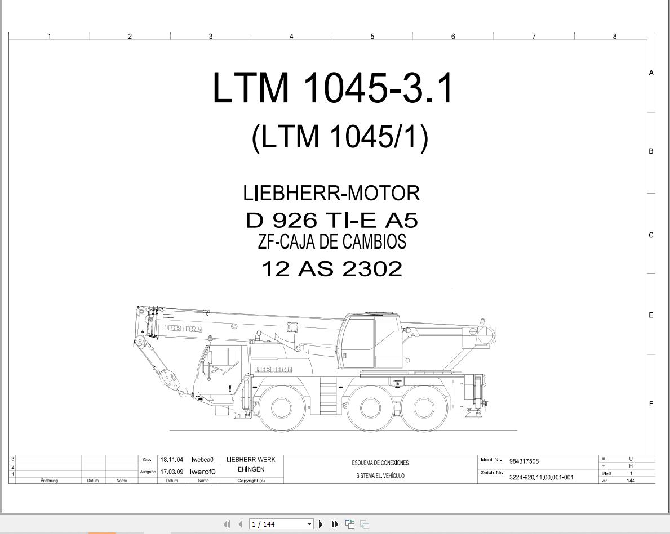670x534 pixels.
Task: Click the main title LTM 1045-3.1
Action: pyautogui.click(x=332, y=88)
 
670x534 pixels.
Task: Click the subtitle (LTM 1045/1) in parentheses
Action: pyautogui.click(x=340, y=137)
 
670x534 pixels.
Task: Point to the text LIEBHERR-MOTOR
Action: pyautogui.click(x=331, y=194)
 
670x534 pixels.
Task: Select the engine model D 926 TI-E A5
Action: pyautogui.click(x=331, y=220)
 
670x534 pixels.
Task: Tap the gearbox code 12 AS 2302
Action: pyautogui.click(x=331, y=269)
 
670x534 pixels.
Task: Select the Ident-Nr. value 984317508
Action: pyautogui.click(x=524, y=461)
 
